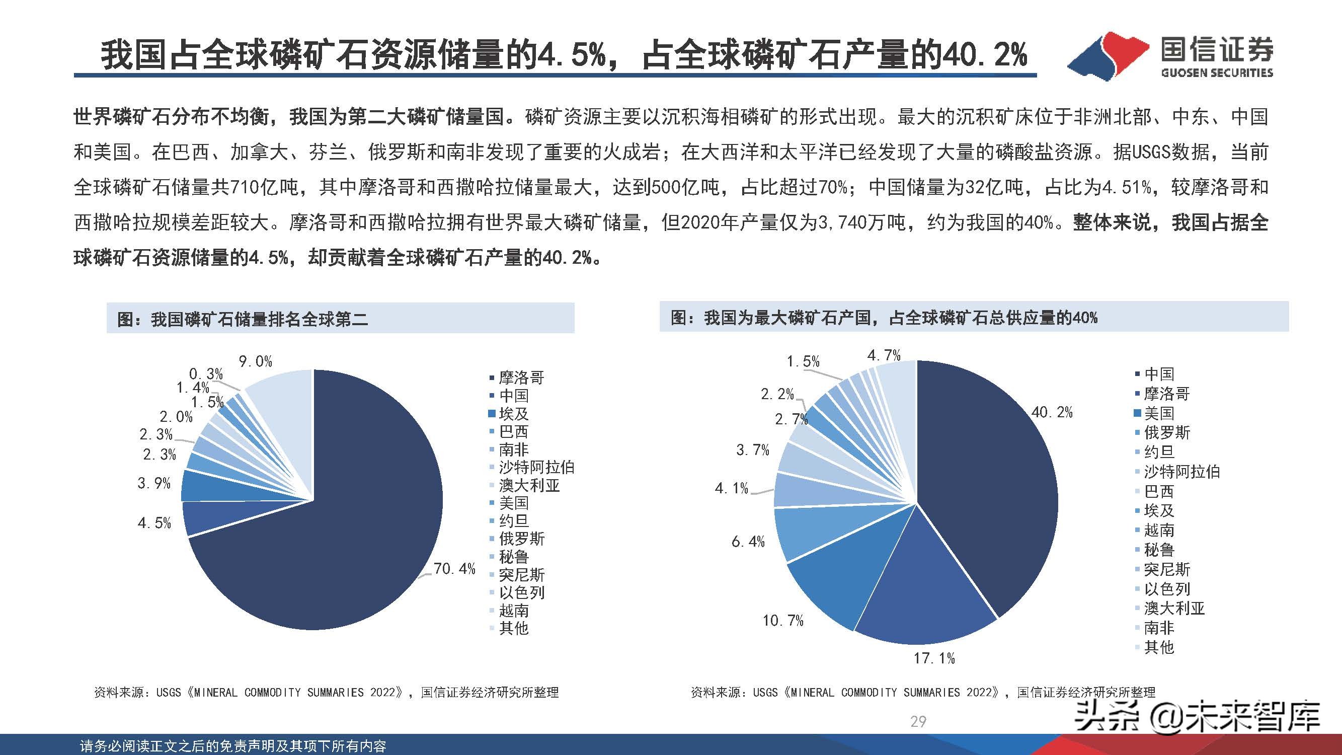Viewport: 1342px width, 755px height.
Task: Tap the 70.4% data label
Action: click(454, 568)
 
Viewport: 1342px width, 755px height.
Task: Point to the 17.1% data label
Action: click(934, 658)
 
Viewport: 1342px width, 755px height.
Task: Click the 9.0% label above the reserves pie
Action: click(255, 361)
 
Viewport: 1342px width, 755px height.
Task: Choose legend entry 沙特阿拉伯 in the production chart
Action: click(1181, 472)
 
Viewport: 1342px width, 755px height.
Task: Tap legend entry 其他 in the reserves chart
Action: click(514, 628)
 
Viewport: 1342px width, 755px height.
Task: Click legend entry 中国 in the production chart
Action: click(1159, 374)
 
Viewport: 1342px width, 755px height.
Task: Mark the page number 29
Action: click(918, 721)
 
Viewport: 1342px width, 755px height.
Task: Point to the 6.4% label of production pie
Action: click(748, 542)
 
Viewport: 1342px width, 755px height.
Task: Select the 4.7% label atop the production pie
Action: click(884, 355)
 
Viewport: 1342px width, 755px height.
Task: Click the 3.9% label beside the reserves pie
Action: click(154, 483)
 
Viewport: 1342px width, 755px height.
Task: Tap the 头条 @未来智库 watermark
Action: click(1198, 717)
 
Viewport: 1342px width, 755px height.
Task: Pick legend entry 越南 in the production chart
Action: click(1159, 531)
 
